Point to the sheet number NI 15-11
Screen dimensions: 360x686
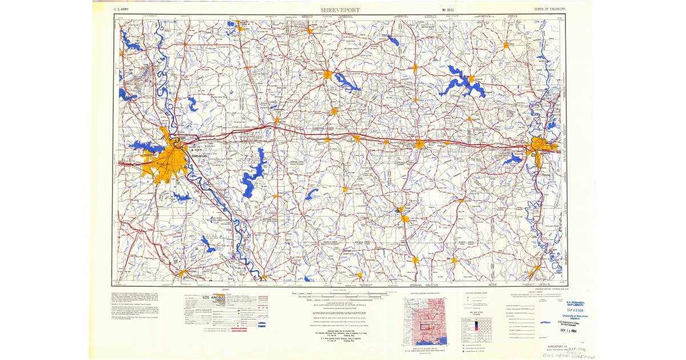click(451, 10)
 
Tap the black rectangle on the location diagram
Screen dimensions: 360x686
click(424, 326)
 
